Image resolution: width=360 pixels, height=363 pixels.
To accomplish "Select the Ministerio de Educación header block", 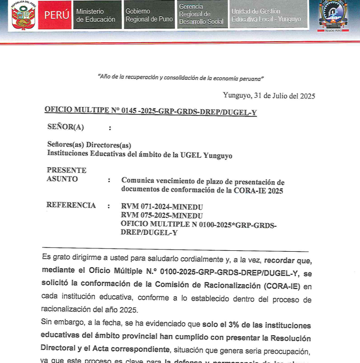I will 96,15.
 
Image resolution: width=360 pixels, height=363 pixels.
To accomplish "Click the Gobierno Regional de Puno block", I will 149,15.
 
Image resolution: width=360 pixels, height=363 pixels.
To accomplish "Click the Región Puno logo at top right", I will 335,15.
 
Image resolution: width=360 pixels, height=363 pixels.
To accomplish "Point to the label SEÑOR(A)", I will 66,127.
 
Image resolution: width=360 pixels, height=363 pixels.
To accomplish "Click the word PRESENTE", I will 67,170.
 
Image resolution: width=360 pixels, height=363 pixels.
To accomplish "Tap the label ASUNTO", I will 62,179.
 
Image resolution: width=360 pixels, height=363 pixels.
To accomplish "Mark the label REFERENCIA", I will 71,205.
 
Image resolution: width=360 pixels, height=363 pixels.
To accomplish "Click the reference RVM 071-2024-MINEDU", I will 162,207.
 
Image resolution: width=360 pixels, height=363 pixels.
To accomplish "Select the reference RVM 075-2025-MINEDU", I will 162,215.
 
